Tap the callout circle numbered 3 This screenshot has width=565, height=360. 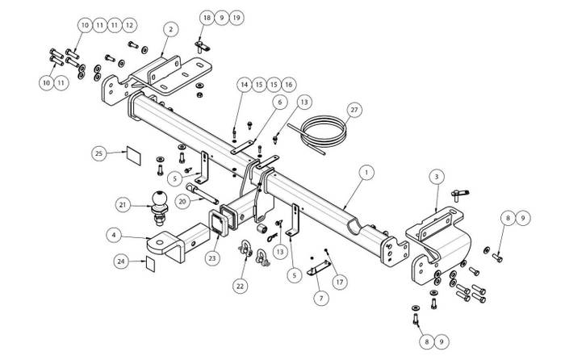pyautogui.click(x=435, y=175)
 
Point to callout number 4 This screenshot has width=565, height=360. pyautogui.click(x=115, y=236)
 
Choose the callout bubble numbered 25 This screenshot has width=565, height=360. pyautogui.click(x=99, y=153)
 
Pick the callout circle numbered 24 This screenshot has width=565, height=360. pyautogui.click(x=121, y=262)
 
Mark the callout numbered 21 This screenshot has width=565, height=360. pyautogui.click(x=123, y=206)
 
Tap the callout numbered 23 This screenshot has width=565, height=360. pyautogui.click(x=212, y=258)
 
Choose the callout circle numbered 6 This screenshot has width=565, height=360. pyautogui.click(x=278, y=103)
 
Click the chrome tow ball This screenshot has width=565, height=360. pyautogui.click(x=157, y=199)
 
